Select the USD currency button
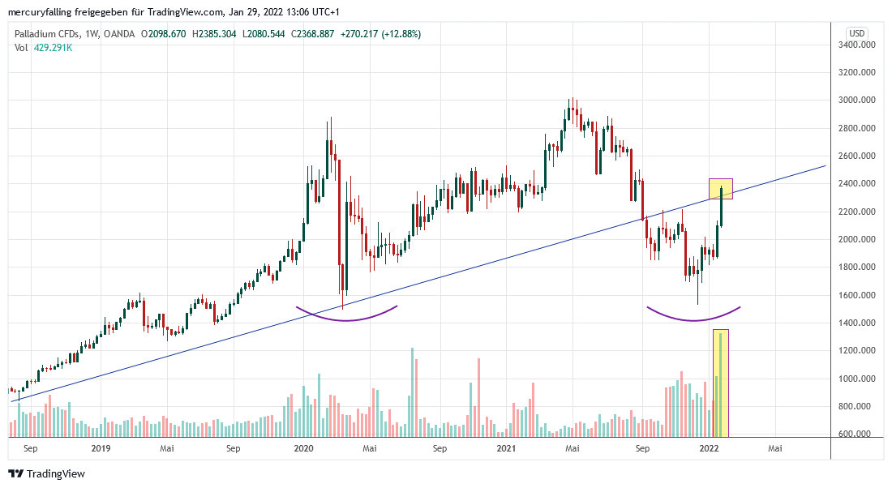coord(856,32)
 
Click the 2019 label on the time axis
coord(101,447)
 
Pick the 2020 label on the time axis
coord(303,447)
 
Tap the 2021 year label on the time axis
coord(506,447)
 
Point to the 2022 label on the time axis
coord(710,447)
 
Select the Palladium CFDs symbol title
coord(49,34)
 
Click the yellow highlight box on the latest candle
coord(720,189)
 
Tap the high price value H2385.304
coord(212,34)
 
